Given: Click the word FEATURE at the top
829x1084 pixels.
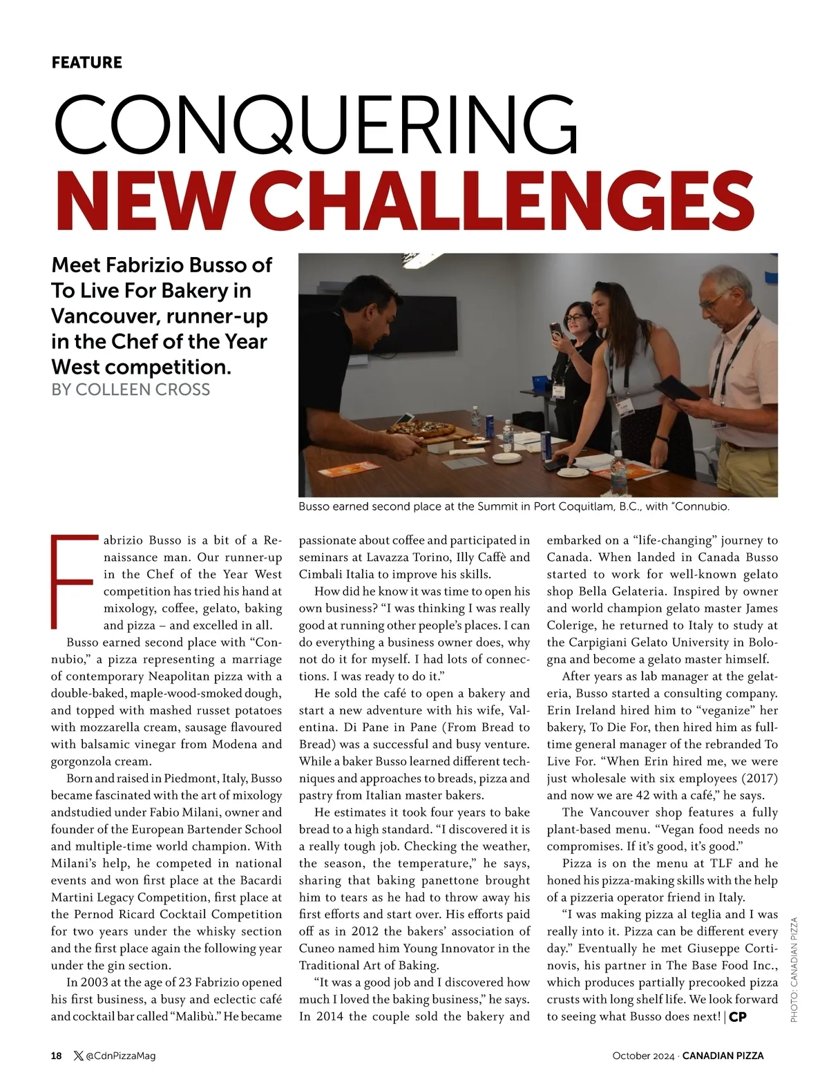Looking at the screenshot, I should tap(86, 62).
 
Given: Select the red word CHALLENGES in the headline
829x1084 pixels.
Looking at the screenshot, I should tap(508, 198).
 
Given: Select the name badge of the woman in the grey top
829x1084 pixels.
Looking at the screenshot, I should tap(627, 409).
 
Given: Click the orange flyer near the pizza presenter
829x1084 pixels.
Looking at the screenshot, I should tap(343, 471).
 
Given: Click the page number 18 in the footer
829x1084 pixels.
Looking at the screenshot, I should tap(57, 1055).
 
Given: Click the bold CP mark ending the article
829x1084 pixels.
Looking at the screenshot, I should tap(738, 1017).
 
